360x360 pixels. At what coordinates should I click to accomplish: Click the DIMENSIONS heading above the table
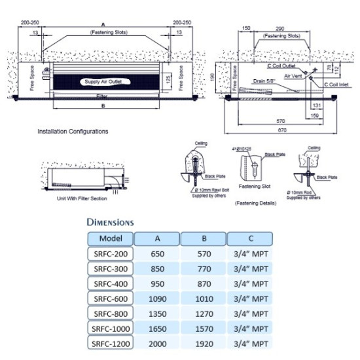(110, 223)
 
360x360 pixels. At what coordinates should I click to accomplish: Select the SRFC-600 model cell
(109, 298)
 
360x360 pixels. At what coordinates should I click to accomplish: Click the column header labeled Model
(109, 238)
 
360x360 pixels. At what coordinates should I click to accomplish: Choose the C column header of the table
(251, 238)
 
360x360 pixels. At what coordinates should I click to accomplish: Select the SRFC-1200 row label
(109, 343)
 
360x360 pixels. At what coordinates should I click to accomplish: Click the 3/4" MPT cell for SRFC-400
(251, 283)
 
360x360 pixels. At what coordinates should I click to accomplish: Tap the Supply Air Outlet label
(103, 82)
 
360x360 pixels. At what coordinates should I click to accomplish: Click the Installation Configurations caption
(73, 131)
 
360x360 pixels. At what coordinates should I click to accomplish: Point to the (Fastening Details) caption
(255, 204)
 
